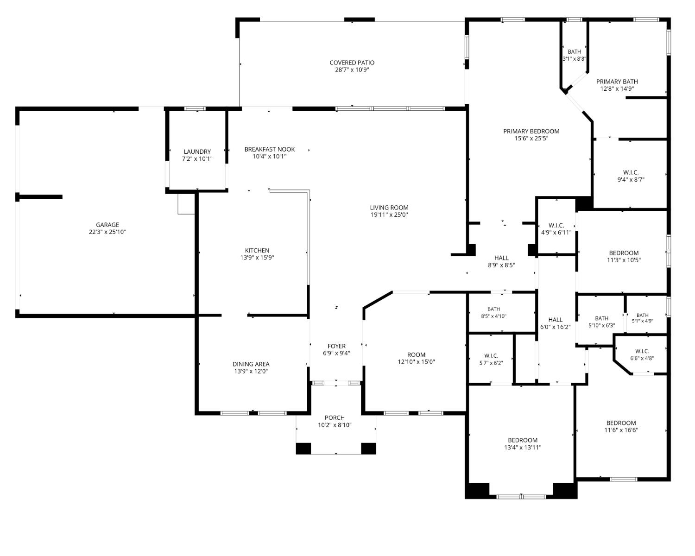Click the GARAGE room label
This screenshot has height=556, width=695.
click(x=107, y=225)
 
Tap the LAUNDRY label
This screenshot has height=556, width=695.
click(x=197, y=152)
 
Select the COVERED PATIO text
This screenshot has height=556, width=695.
click(x=352, y=63)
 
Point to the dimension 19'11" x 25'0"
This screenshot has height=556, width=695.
click(x=389, y=215)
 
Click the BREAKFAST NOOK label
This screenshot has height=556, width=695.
click(x=269, y=149)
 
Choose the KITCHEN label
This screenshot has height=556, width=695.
click(x=257, y=250)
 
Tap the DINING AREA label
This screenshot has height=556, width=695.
click(x=251, y=364)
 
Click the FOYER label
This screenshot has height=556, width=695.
click(x=336, y=346)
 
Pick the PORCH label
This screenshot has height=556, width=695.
click(x=335, y=418)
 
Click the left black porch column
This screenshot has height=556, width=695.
click(x=303, y=449)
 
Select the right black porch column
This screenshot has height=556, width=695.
click(x=368, y=449)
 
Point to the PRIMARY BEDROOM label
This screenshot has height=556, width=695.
click(x=531, y=131)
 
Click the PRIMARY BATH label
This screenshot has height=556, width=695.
click(x=617, y=82)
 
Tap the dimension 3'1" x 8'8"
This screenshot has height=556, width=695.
click(x=574, y=59)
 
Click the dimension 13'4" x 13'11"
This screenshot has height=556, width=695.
click(x=523, y=448)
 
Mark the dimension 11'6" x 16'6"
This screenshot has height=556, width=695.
click(x=621, y=430)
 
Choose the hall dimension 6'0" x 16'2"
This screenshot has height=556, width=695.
click(x=555, y=327)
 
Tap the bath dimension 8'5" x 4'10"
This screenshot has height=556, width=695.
click(x=493, y=316)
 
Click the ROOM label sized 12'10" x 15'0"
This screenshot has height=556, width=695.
click(x=416, y=355)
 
